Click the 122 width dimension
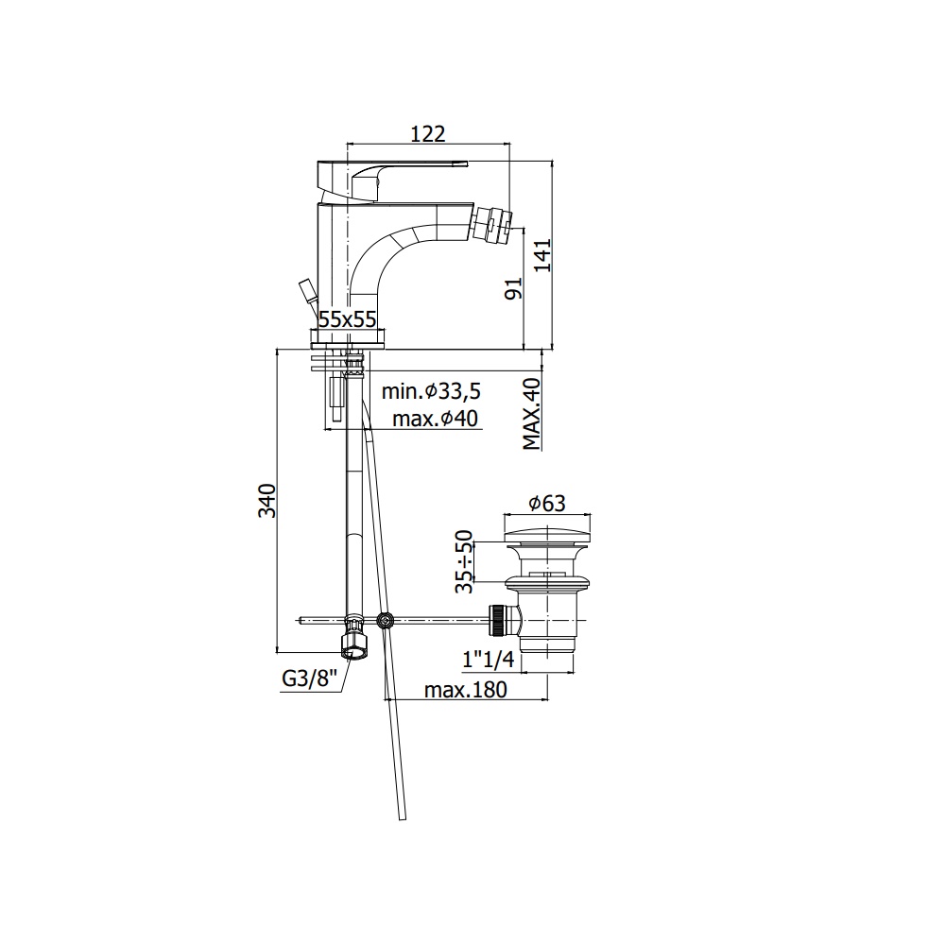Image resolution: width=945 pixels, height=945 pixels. tap(428, 133)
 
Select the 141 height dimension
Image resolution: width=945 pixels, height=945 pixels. tap(543, 255)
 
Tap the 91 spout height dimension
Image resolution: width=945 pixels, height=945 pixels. tap(513, 289)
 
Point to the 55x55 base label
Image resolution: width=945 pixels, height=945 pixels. tap(347, 318)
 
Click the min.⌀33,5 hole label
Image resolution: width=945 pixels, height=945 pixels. tap(432, 392)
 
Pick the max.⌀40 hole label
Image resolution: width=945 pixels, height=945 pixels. tap(435, 418)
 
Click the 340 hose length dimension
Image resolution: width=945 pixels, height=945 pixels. tap(267, 500)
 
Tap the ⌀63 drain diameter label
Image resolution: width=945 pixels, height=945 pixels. tap(547, 504)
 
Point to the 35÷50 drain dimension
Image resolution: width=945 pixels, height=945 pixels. tap(464, 561)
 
